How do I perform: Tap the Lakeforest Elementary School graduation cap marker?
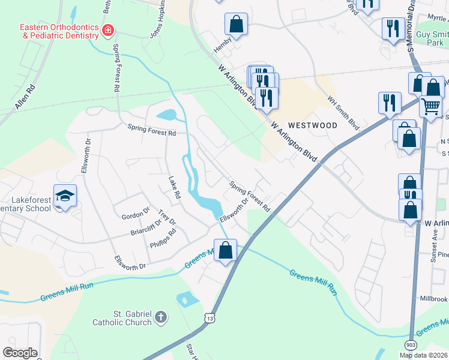pyautogui.click(x=65, y=196)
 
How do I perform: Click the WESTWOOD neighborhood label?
pyautogui.click(x=312, y=125)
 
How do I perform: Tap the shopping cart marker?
pyautogui.click(x=430, y=107)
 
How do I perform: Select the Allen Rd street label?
pyautogui.click(x=26, y=96)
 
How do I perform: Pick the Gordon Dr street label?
pyautogui.click(x=135, y=214)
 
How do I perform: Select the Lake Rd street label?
pyautogui.click(x=175, y=188)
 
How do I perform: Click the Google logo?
pyautogui.click(x=20, y=352)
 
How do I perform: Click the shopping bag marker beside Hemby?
pyautogui.click(x=237, y=25)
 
